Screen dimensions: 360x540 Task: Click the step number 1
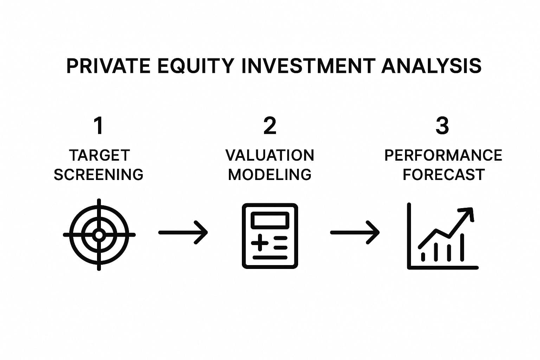point(99,126)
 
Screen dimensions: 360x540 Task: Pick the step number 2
point(270,126)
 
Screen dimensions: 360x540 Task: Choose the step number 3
point(442,126)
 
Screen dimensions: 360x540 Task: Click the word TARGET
point(99,155)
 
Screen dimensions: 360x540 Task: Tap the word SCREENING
point(98,175)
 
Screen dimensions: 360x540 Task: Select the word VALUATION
point(270,155)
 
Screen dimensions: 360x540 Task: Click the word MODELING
point(270,175)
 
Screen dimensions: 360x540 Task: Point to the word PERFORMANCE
point(443,155)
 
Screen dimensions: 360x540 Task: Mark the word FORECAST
point(443,175)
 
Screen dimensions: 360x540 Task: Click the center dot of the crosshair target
point(99,234)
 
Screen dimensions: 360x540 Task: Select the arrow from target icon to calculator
point(183,232)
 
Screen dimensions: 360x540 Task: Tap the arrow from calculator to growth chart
point(355,232)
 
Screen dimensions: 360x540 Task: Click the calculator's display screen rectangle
point(270,220)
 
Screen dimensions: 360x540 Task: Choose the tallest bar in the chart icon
point(462,247)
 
